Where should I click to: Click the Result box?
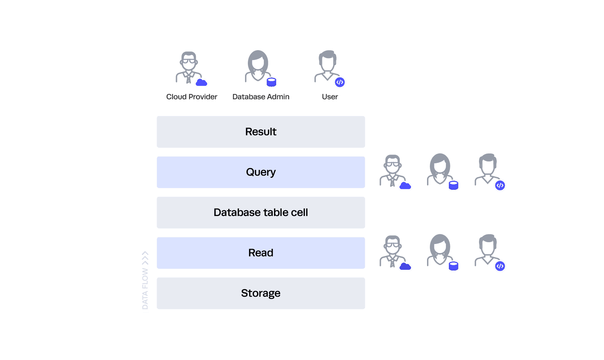coord(261,132)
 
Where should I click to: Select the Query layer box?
coord(261,172)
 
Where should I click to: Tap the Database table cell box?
coord(261,213)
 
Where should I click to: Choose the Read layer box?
coord(261,253)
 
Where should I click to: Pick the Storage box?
coord(261,293)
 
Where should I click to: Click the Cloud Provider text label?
coord(192,97)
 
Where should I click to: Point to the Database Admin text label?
coord(261,97)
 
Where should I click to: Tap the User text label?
coord(330,97)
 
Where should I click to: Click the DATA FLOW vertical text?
coord(145,289)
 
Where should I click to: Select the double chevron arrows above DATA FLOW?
coord(145,258)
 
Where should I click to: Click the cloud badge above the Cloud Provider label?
coord(201,82)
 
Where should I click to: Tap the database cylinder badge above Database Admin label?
coord(271,82)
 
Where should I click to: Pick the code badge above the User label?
coord(340,82)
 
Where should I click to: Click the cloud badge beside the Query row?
coord(405,186)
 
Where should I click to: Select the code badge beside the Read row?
coord(500,266)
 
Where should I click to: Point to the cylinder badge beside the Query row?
coord(454,185)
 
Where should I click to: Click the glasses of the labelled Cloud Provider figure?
coord(189,61)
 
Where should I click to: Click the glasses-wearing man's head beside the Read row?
coord(392,245)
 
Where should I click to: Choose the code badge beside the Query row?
coord(500,185)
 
